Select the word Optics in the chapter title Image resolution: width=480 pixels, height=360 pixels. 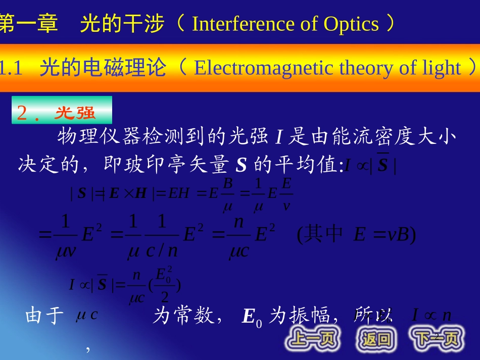[351, 24]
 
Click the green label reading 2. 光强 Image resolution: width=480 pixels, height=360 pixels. [62, 113]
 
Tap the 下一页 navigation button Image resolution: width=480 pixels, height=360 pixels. [437, 338]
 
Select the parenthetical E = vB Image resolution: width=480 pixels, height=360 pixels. [356, 235]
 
